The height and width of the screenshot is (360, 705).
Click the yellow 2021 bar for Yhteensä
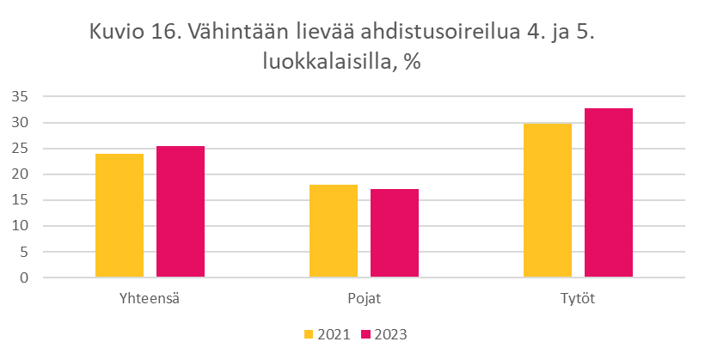(x=120, y=216)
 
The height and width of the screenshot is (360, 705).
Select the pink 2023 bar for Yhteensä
(x=181, y=212)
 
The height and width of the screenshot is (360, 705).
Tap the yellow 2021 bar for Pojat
(x=334, y=231)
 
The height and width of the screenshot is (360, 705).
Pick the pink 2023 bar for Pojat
(x=395, y=233)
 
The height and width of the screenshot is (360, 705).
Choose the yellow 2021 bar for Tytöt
(x=548, y=200)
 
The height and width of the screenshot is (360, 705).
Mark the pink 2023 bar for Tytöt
(x=609, y=193)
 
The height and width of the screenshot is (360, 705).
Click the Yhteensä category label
(x=150, y=299)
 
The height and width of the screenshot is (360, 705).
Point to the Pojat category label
(x=365, y=299)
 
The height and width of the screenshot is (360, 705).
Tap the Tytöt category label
(x=578, y=299)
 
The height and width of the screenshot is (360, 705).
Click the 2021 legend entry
(x=328, y=333)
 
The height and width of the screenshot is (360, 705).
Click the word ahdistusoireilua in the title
(x=431, y=34)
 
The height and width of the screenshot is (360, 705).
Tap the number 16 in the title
(x=166, y=34)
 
